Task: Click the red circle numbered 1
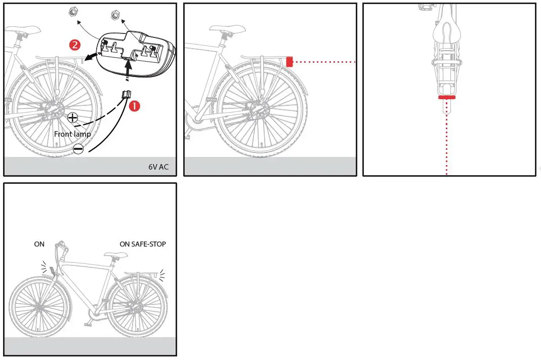click(134, 106)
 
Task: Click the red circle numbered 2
click(74, 45)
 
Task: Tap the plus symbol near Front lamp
click(72, 118)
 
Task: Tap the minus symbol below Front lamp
click(78, 149)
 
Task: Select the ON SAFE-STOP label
click(143, 244)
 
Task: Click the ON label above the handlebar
click(39, 244)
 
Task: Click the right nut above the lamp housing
click(115, 15)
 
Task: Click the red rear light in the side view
click(289, 62)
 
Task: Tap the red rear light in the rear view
click(447, 97)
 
